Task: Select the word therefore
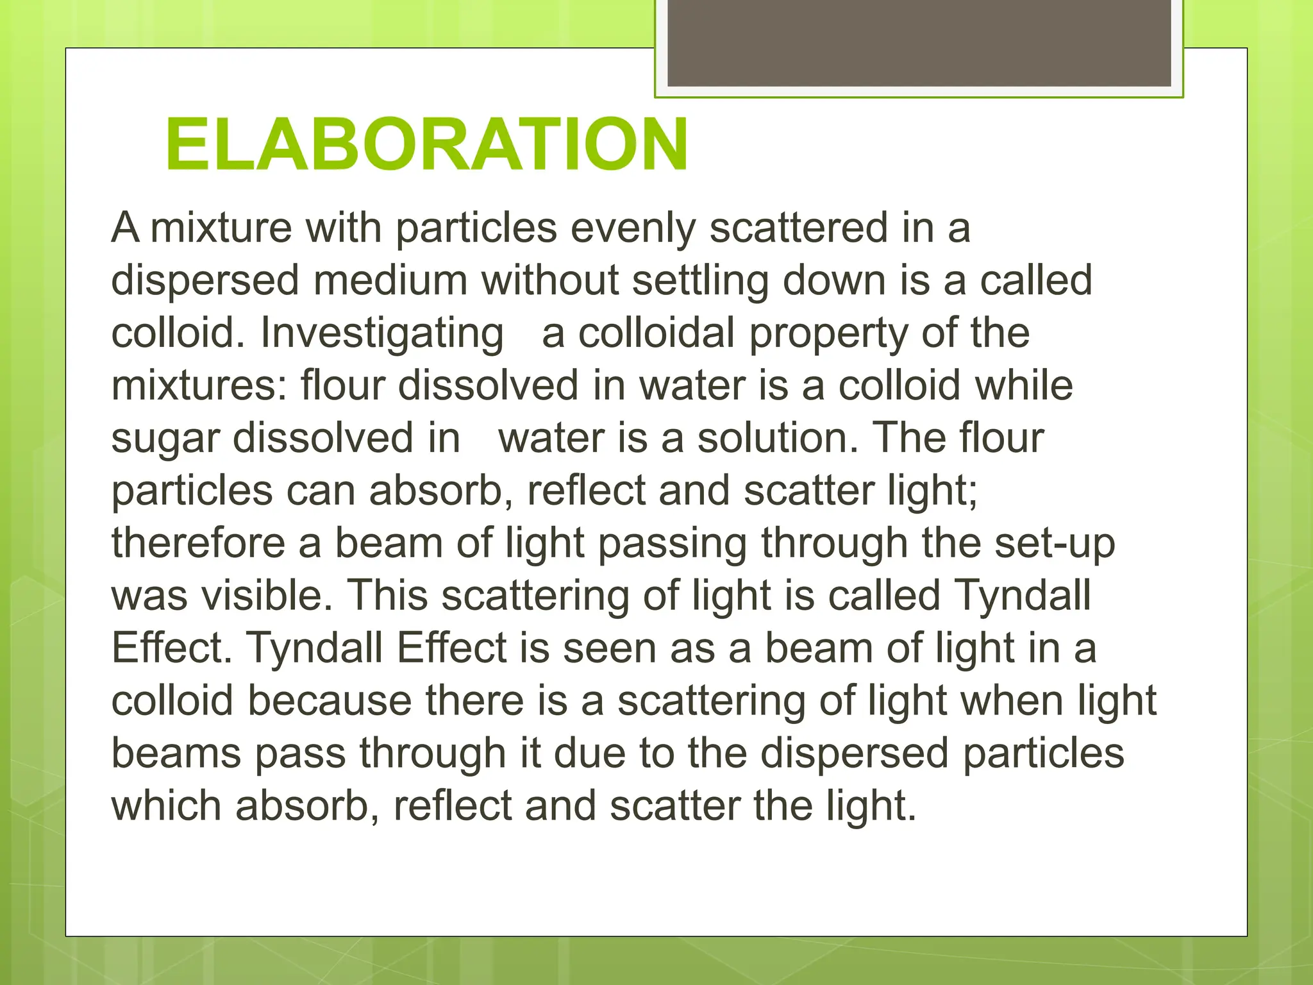(198, 544)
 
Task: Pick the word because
(330, 701)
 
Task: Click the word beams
(176, 753)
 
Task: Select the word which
(166, 806)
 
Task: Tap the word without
(550, 281)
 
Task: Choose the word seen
(609, 649)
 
